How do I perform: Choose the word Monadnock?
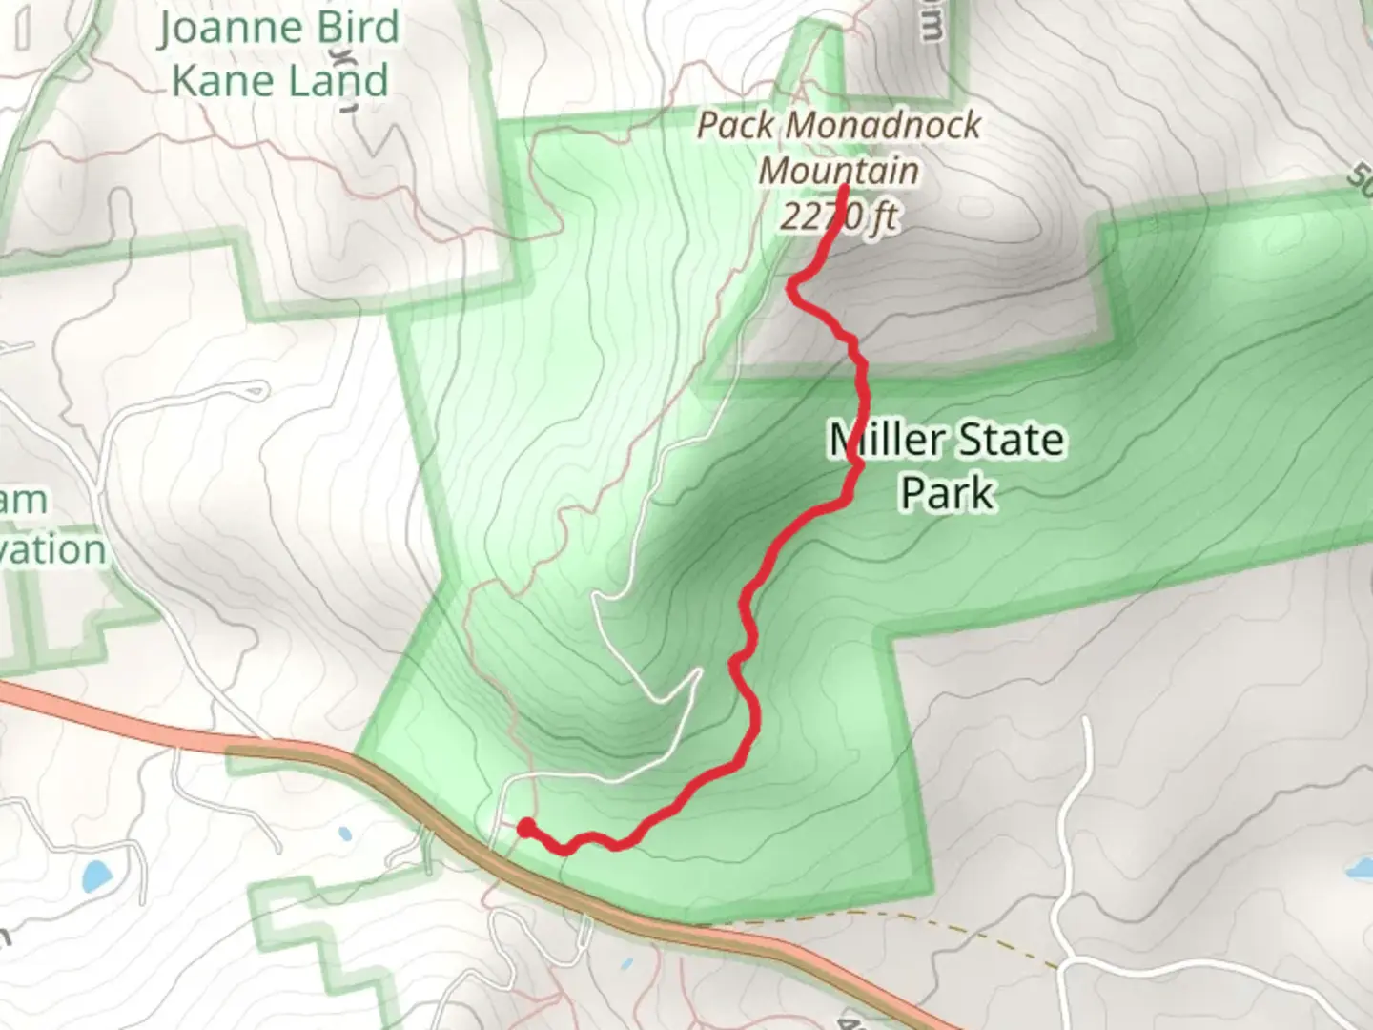(884, 125)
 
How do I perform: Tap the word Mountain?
(839, 171)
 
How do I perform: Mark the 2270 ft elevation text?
(839, 216)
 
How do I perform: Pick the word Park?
(948, 493)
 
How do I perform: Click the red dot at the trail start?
(525, 827)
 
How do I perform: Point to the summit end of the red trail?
(845, 188)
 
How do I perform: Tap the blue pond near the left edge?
(95, 875)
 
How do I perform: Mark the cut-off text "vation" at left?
(52, 550)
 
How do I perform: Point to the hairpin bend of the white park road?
(595, 598)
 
